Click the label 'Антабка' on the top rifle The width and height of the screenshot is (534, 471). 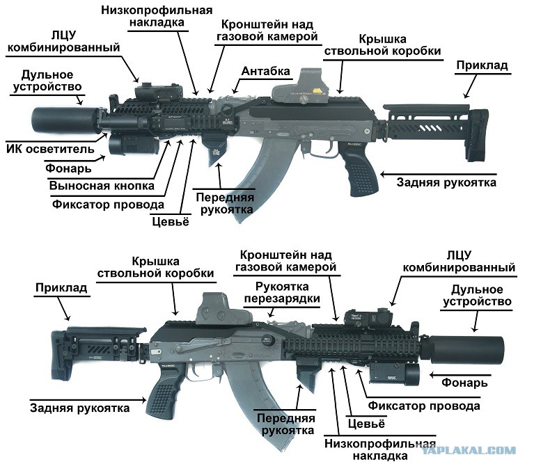tap(266, 71)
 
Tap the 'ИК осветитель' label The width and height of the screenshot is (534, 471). tap(50, 149)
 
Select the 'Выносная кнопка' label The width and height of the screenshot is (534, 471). tap(102, 186)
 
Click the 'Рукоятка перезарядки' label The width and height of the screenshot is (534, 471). tap(282, 293)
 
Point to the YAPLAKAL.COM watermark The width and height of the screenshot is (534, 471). tap(469, 451)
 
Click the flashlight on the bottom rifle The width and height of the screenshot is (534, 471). tap(394, 374)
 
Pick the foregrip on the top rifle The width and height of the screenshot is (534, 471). tap(214, 149)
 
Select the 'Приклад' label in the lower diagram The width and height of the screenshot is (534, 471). tap(61, 288)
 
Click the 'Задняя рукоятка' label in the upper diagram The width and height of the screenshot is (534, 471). tap(446, 182)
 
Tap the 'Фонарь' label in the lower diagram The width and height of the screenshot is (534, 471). tap(464, 383)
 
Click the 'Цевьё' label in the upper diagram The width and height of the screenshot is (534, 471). tap(171, 221)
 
